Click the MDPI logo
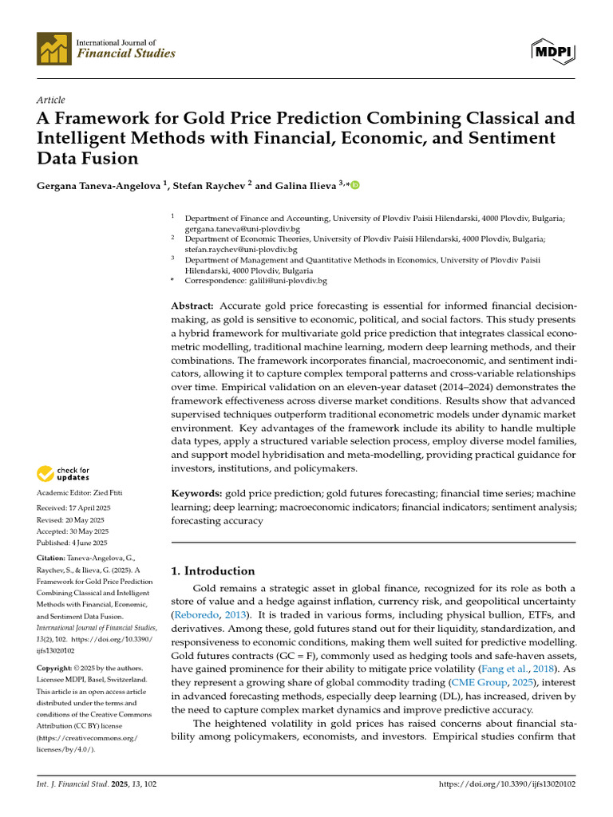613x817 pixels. (x=553, y=51)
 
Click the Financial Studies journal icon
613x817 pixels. (x=54, y=49)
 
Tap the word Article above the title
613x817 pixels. (x=51, y=99)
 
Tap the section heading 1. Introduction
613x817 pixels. (x=214, y=570)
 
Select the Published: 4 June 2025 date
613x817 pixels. (x=73, y=542)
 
